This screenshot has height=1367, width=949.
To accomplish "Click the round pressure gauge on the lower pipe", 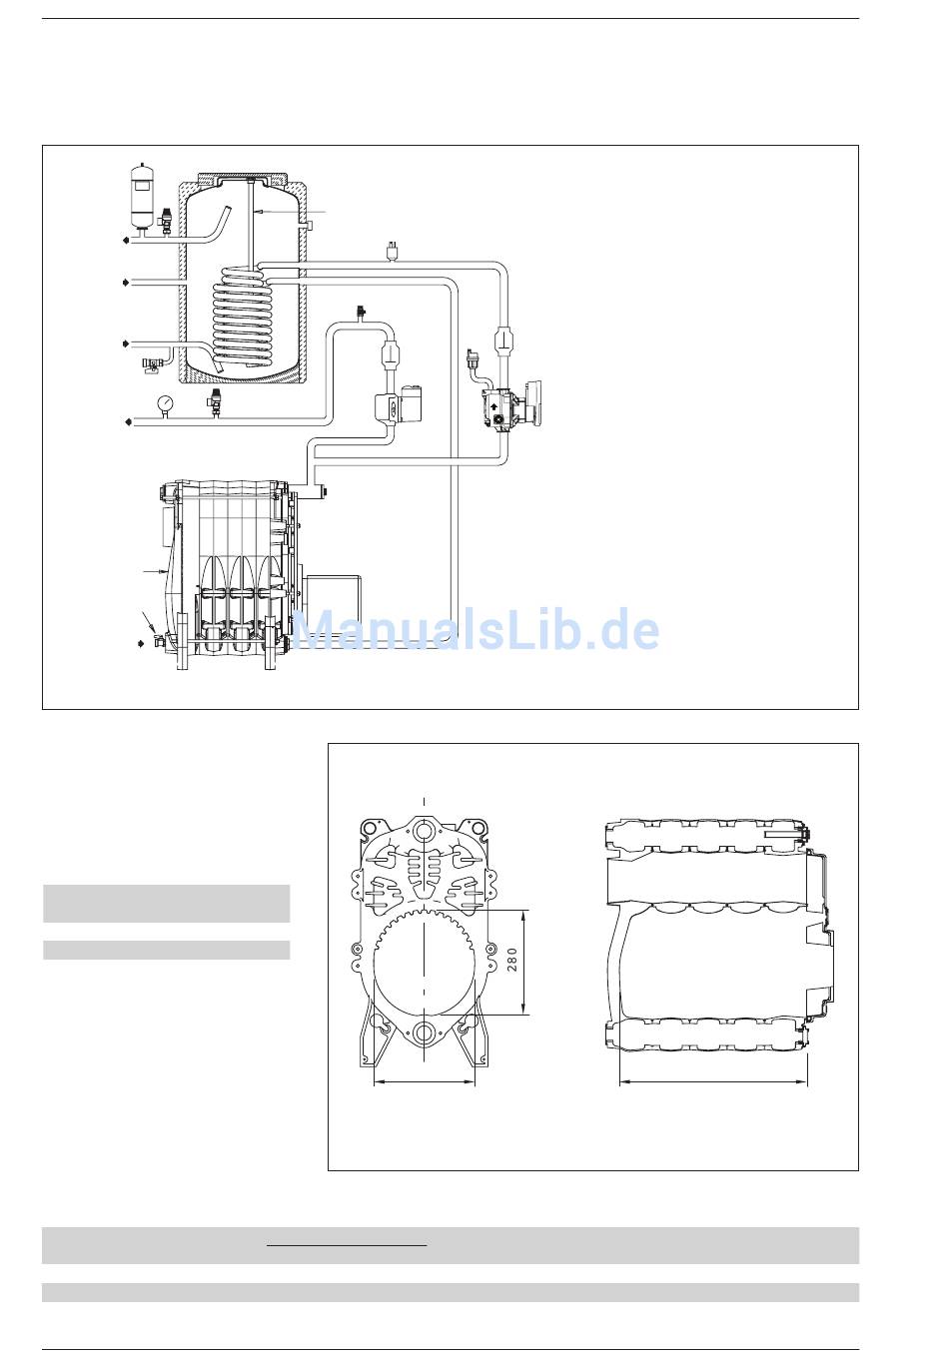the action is (x=164, y=403).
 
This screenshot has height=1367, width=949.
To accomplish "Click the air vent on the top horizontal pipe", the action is (x=391, y=251).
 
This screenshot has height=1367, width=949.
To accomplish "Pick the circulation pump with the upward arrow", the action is (x=511, y=403).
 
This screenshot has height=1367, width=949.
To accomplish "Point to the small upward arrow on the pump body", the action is (x=493, y=403).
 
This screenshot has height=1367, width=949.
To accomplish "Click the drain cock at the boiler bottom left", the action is (x=156, y=640).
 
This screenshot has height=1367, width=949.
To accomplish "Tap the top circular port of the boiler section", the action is (x=424, y=831).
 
